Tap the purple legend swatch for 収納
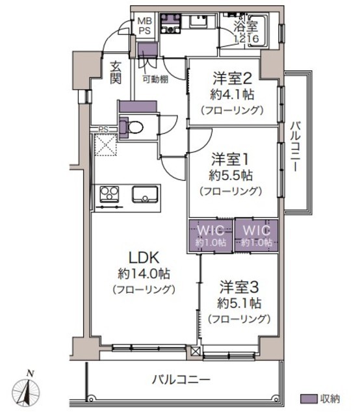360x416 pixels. [309, 398]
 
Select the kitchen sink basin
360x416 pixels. [145, 195]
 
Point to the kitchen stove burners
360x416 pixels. [109, 194]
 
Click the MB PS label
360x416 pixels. [144, 26]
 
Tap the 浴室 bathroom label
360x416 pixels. [246, 26]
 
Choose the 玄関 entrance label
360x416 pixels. [116, 72]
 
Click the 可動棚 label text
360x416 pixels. [155, 79]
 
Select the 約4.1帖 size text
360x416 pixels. [232, 94]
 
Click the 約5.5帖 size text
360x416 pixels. [231, 175]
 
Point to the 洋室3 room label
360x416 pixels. [239, 287]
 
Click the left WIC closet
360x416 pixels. [211, 236]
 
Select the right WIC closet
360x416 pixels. [257, 236]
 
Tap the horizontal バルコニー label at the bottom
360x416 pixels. [181, 380]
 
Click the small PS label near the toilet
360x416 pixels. [103, 129]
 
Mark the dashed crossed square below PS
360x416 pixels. [105, 144]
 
